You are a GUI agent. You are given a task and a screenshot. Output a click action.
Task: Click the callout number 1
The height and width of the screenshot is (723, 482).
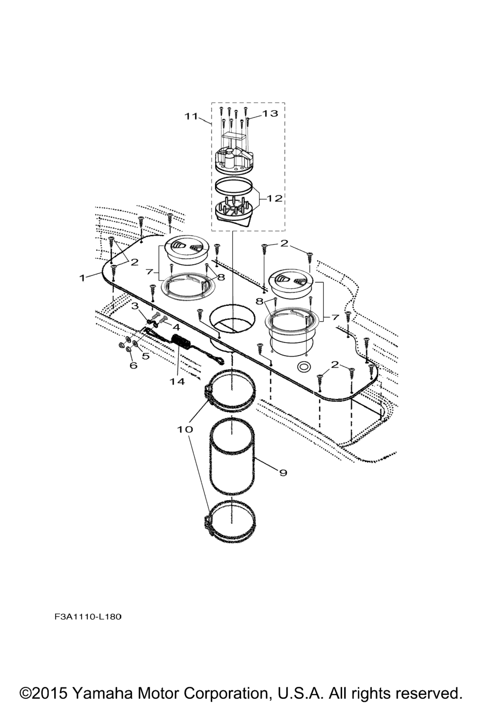(x=82, y=277)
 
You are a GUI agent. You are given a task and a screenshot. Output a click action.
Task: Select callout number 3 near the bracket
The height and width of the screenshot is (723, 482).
(x=135, y=305)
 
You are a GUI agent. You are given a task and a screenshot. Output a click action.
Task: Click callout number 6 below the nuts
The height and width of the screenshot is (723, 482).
(x=133, y=365)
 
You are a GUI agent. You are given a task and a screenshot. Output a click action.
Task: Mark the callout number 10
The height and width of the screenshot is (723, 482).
(x=185, y=429)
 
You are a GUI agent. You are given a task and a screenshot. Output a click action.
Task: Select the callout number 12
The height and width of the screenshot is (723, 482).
(x=274, y=199)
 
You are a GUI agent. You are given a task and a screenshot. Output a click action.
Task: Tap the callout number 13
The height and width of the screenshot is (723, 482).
(x=270, y=113)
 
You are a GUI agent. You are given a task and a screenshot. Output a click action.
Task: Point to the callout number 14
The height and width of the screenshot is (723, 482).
(x=177, y=382)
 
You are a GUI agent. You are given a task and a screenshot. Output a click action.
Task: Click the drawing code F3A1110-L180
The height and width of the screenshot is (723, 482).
(x=88, y=617)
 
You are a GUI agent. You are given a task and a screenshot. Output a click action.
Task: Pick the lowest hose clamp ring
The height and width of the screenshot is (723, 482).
(x=230, y=519)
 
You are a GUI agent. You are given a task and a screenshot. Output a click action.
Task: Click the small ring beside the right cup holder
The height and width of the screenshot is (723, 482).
(x=304, y=366)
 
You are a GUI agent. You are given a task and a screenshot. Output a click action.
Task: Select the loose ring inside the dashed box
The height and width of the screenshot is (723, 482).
(x=233, y=186)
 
